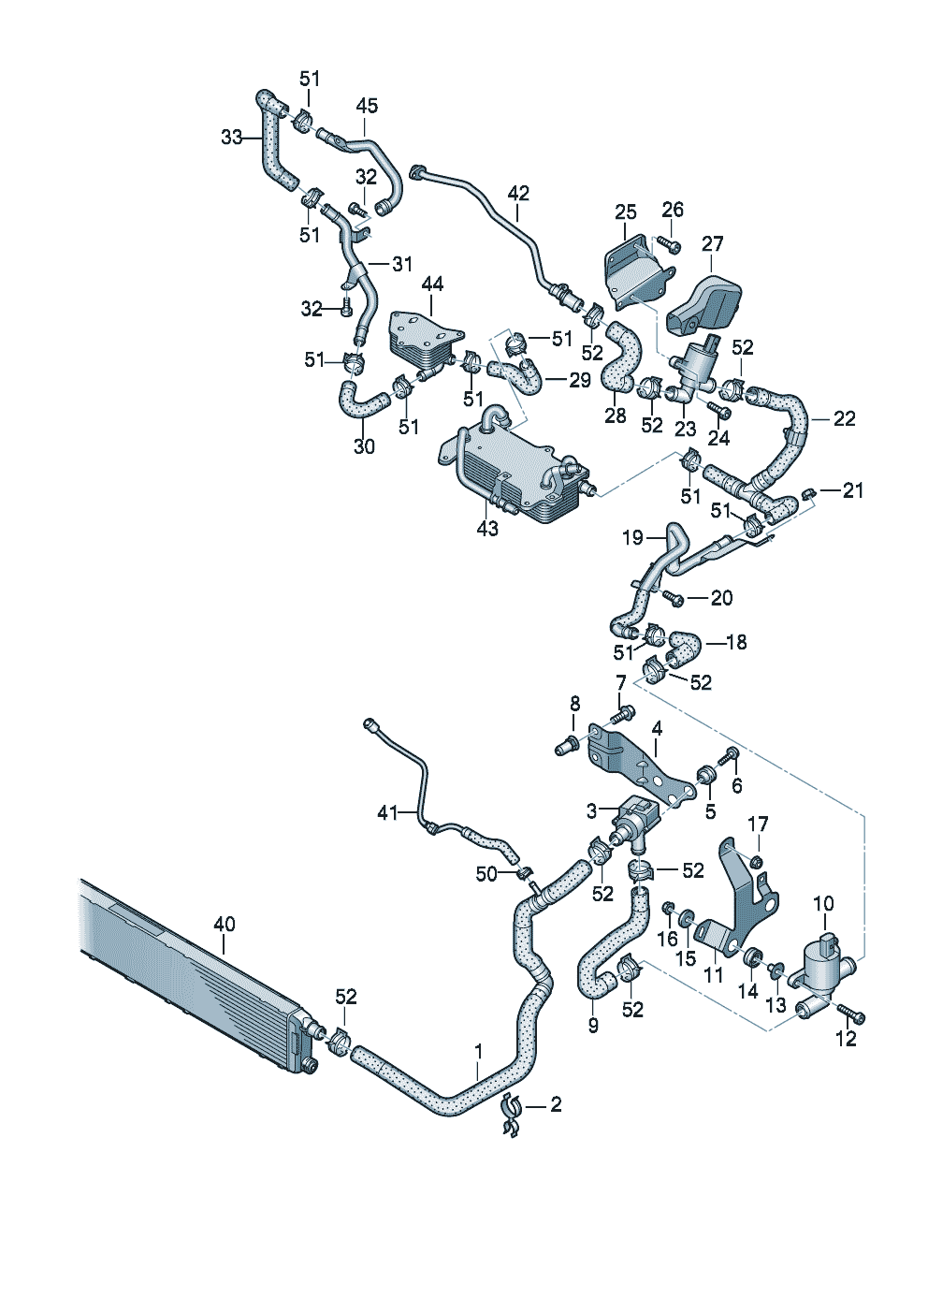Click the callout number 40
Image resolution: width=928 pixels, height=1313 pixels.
pos(224,925)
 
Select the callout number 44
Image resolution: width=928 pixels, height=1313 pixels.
pos(432,284)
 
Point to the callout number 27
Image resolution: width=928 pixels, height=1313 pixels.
pos(713,243)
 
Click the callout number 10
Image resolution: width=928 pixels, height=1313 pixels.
pos(824,903)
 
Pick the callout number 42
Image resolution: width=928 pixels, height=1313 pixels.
pos(518,193)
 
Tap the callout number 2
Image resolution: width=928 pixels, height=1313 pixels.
pos(556,1104)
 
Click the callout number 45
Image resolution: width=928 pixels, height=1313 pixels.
pos(367,106)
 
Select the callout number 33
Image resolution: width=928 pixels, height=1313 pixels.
pos(232,138)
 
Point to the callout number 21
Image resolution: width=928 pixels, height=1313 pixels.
pos(853,490)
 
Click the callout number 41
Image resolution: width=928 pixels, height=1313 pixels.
pos(387,813)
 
